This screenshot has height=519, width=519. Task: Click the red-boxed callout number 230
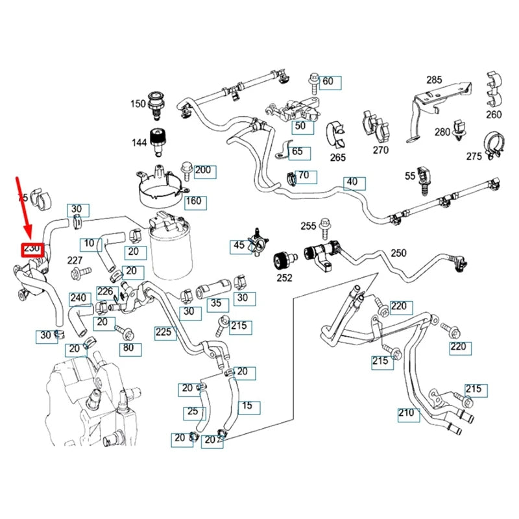click(x=32, y=249)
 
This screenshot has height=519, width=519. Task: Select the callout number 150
click(x=138, y=103)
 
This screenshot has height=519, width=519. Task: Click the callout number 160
click(x=194, y=200)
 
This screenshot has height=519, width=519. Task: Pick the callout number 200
click(x=204, y=171)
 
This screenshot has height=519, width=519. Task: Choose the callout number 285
click(x=434, y=80)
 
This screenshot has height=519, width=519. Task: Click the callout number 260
click(x=494, y=115)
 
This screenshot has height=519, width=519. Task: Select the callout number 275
click(x=474, y=156)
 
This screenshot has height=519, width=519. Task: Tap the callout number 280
click(x=442, y=132)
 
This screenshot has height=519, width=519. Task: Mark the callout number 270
click(x=380, y=150)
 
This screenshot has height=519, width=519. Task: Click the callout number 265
click(x=338, y=157)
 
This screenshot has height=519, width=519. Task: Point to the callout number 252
click(x=284, y=278)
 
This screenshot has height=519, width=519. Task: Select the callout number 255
click(x=308, y=226)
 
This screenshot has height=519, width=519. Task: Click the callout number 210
click(x=407, y=413)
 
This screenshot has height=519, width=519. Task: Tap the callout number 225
click(x=163, y=333)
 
